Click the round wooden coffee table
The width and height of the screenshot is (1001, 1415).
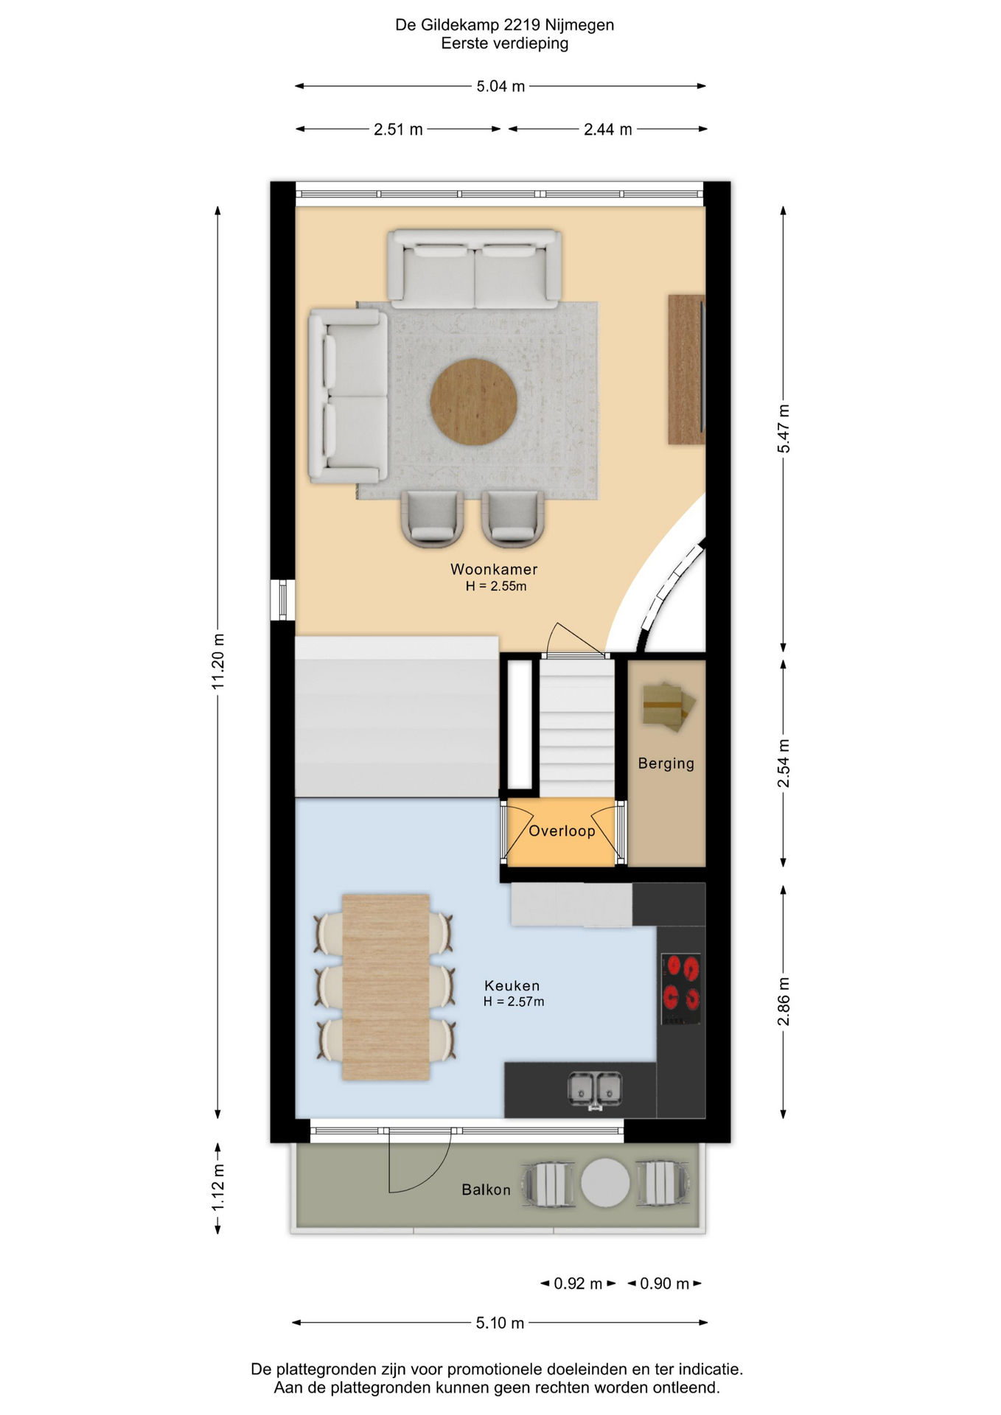point(473,402)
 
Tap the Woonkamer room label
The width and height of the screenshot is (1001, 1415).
point(494,569)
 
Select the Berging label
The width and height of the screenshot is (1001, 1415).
point(666,764)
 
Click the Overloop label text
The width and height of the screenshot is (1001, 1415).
point(562,831)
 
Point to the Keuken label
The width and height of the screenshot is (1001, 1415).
point(512,985)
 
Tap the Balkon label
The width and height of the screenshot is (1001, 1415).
point(486,1189)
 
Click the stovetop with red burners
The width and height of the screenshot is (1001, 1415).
point(680,988)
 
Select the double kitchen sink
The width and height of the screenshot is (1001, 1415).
point(595,1089)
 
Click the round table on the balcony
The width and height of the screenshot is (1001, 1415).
point(605,1183)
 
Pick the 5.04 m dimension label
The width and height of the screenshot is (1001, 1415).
point(501,86)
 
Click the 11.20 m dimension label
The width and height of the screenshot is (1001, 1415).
point(218,662)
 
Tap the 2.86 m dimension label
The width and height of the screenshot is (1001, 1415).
point(784,1002)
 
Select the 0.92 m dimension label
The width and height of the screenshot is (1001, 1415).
point(579,1284)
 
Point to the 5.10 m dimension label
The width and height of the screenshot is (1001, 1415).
point(500,1323)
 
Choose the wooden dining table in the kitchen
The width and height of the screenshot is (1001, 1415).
point(386,988)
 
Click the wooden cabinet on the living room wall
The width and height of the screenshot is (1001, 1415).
point(686,369)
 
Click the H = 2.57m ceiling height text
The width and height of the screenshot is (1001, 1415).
point(514,1002)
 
